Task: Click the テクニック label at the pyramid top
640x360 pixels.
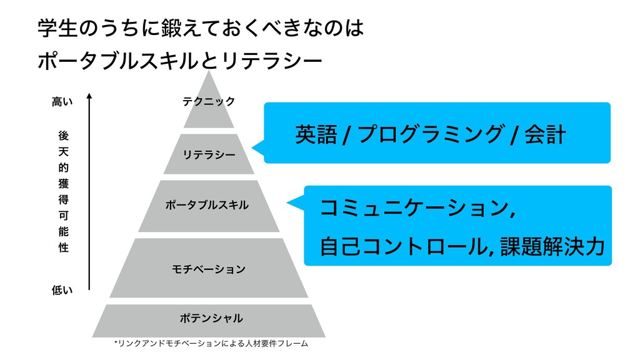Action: tap(209, 101)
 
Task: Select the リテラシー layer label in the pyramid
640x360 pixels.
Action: tap(209, 154)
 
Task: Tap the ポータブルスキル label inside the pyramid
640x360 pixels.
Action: tap(207, 205)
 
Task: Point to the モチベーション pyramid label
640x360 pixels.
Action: tap(209, 269)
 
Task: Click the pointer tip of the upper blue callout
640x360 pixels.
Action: tap(254, 148)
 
